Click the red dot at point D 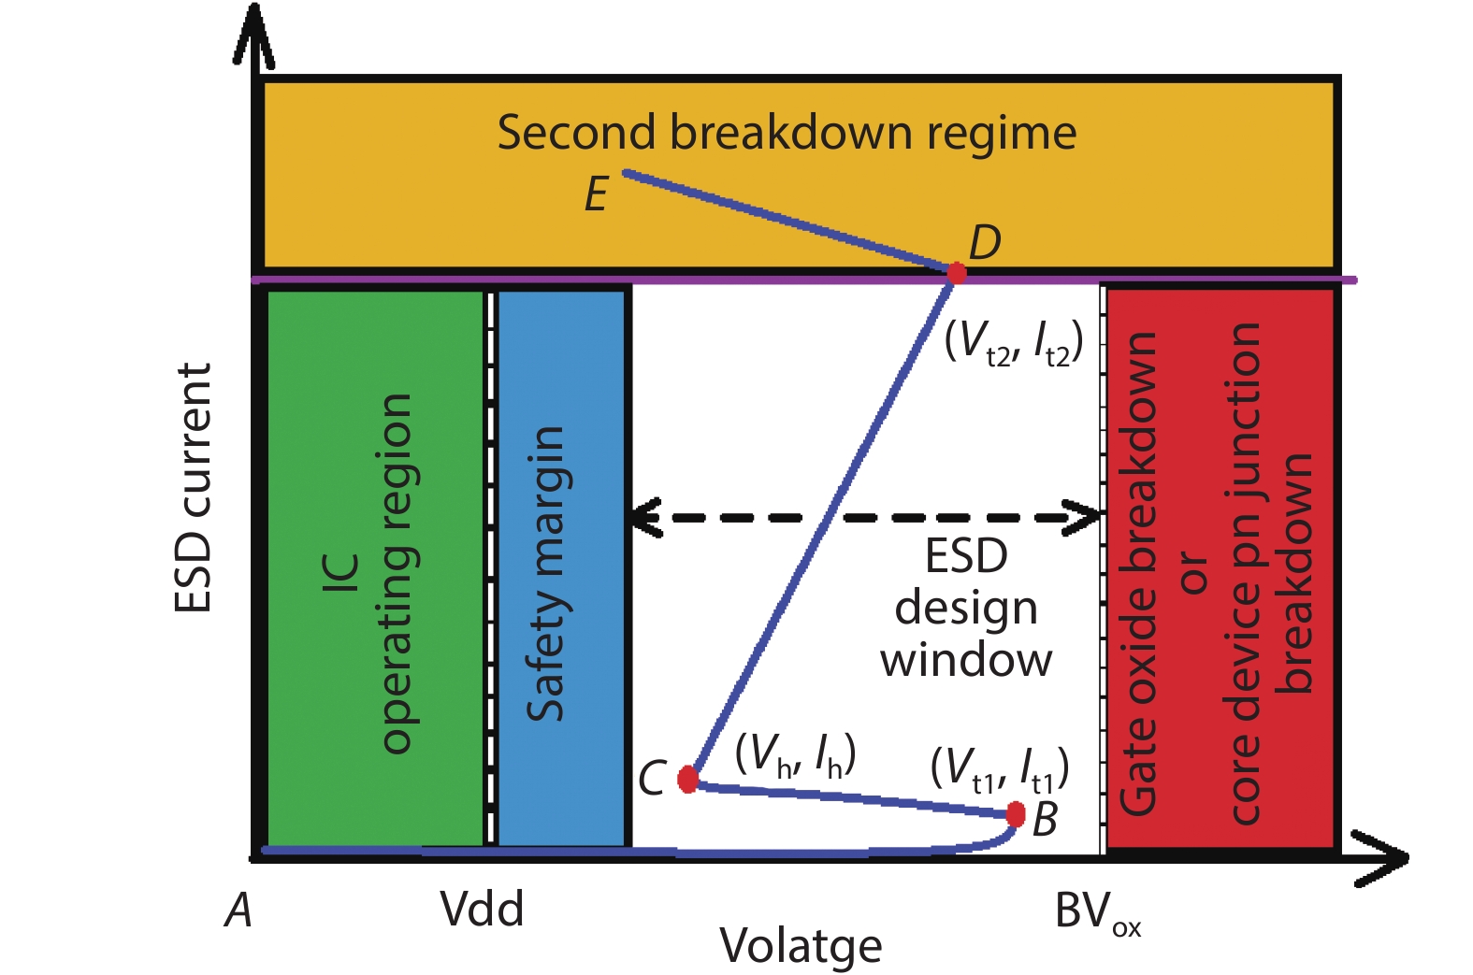click(956, 273)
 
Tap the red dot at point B click(1016, 813)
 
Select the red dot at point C click(687, 778)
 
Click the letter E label click(597, 195)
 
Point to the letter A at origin click(239, 910)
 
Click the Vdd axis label click(482, 909)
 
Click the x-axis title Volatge click(801, 946)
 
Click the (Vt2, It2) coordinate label click(1014, 343)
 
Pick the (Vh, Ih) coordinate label click(795, 754)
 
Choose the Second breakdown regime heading click(787, 133)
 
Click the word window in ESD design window click(966, 660)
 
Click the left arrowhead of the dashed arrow click(643, 517)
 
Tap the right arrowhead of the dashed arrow click(1088, 517)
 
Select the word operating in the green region click(397, 573)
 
